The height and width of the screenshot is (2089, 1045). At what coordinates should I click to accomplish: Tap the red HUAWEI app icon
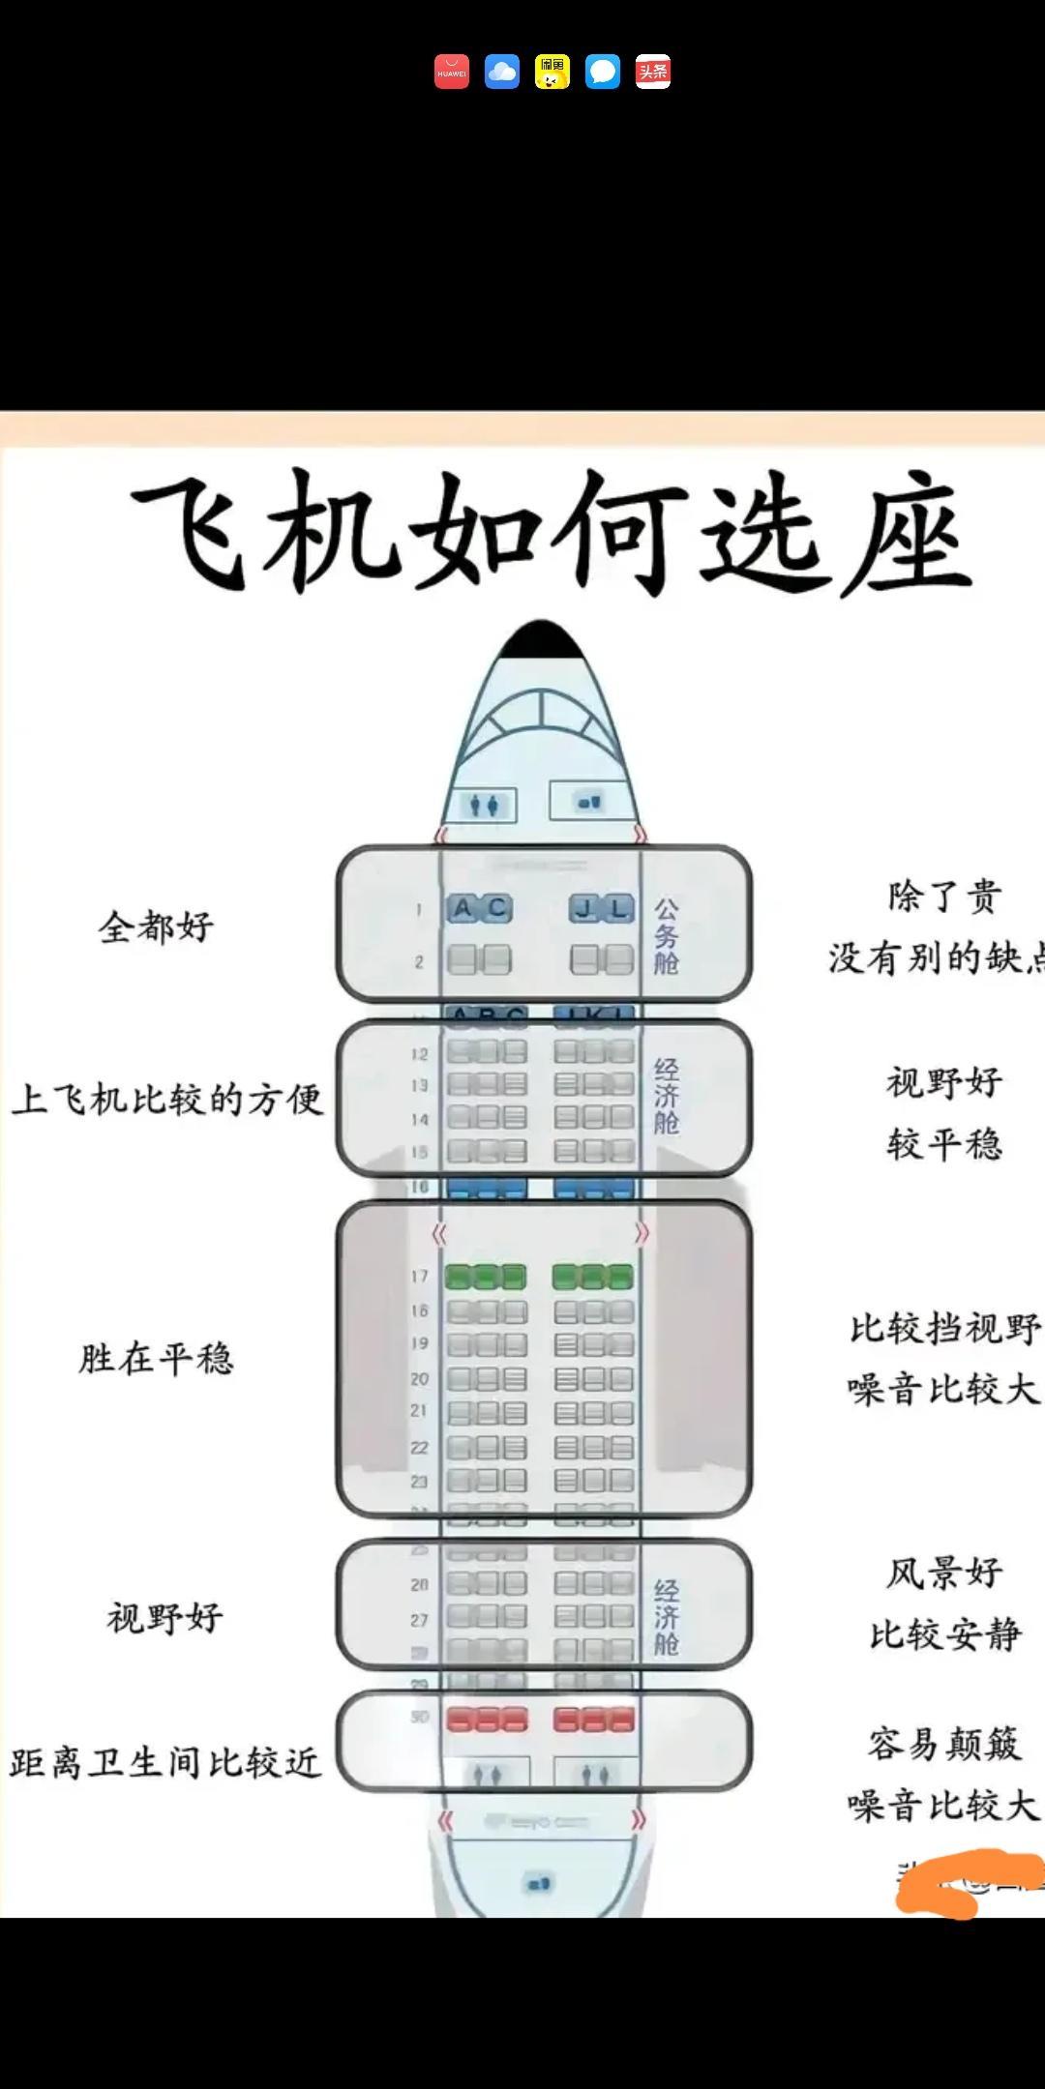click(452, 72)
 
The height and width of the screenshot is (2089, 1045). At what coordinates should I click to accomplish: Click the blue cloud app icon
click(502, 72)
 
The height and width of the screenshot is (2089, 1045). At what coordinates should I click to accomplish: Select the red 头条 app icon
click(653, 72)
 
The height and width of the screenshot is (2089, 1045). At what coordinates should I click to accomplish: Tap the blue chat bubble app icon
click(603, 72)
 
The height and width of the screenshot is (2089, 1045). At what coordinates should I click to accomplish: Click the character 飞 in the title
click(194, 530)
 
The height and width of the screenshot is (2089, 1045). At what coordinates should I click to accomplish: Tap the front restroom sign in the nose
click(485, 805)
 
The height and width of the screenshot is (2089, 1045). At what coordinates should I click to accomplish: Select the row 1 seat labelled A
click(463, 908)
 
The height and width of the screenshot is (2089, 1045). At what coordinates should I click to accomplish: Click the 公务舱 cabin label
click(667, 935)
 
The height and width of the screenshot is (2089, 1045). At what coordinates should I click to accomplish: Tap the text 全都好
click(156, 927)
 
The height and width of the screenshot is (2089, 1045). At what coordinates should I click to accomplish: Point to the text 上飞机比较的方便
click(167, 1099)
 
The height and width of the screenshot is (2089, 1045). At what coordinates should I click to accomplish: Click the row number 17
click(419, 1277)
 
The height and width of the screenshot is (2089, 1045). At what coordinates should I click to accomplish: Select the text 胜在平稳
click(156, 1359)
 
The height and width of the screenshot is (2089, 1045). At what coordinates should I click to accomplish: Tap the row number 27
click(419, 1620)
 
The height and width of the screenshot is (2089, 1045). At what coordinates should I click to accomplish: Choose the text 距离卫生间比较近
click(164, 1763)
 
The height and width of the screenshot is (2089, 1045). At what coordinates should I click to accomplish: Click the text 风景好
click(944, 1573)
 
